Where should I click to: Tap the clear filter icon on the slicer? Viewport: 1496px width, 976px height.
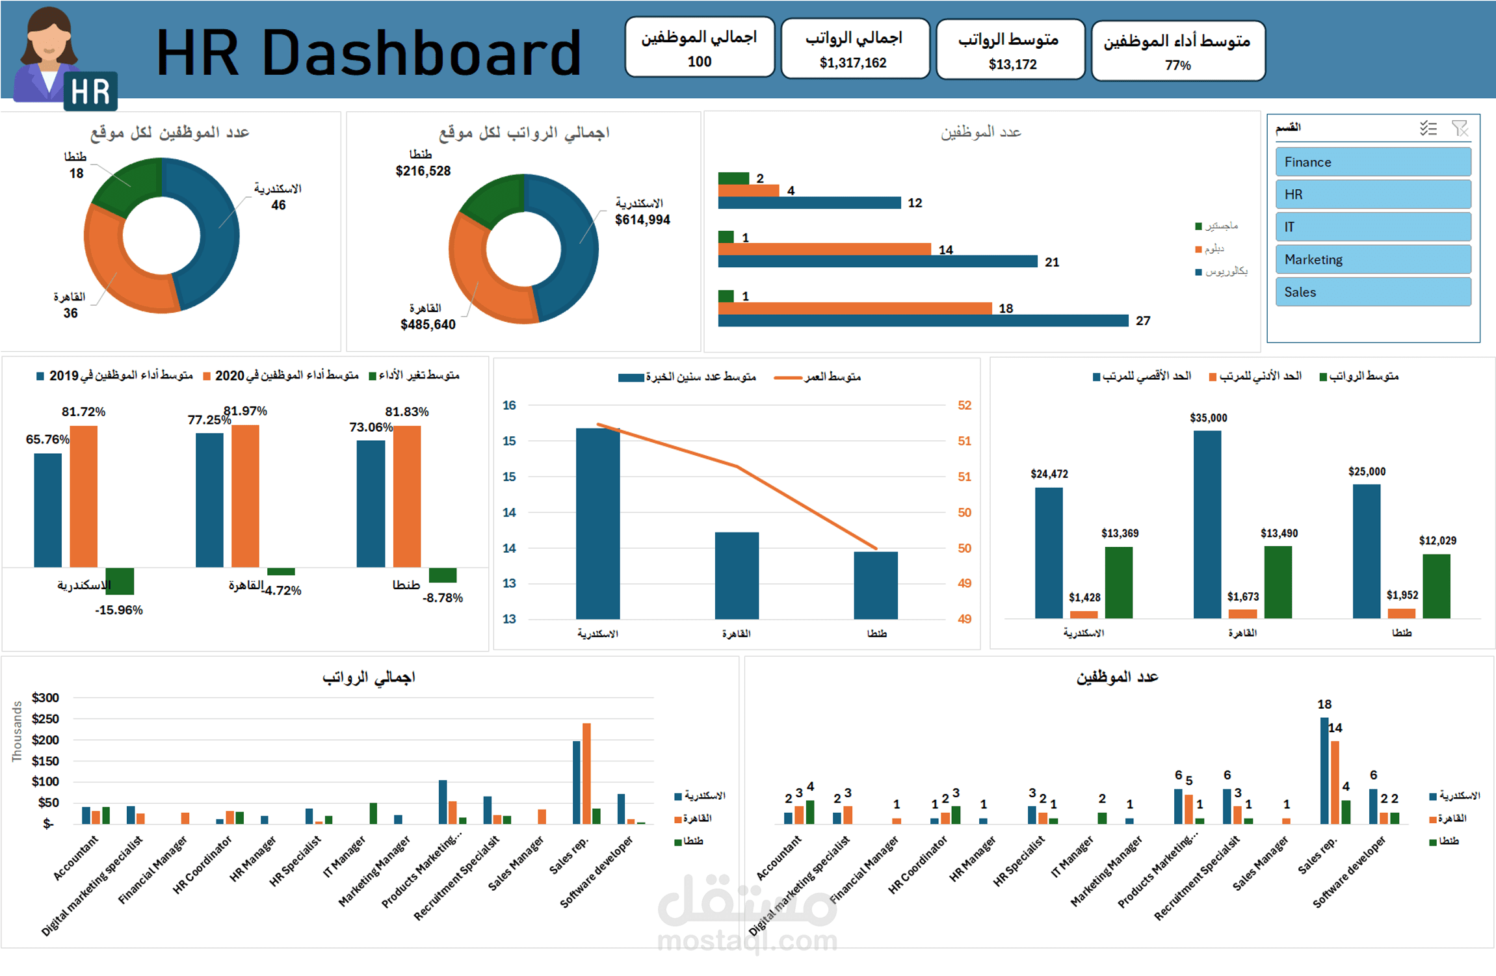tap(1460, 129)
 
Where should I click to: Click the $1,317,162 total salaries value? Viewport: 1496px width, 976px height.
tap(852, 63)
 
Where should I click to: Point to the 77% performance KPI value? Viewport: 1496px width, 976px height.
tap(1177, 66)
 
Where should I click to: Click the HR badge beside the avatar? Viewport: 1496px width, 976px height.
tap(90, 92)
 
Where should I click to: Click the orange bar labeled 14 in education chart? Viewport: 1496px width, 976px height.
tap(824, 249)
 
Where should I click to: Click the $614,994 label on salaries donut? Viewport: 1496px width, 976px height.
tap(642, 220)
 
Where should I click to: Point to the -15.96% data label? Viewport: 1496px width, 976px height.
tap(119, 610)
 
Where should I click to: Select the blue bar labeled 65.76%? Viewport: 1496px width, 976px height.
tap(48, 510)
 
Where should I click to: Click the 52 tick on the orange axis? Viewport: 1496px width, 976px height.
tap(964, 405)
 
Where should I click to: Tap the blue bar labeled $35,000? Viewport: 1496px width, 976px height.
tap(1207, 523)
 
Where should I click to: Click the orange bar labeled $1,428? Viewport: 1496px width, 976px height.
tap(1083, 614)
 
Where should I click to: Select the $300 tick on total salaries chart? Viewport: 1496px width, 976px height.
tap(45, 698)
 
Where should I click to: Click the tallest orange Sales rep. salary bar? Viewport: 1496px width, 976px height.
tap(586, 774)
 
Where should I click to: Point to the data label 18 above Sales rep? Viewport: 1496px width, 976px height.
tap(1324, 704)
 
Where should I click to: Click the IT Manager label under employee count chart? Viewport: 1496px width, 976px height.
tap(1073, 856)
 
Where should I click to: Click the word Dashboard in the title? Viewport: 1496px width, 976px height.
tap(421, 53)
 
